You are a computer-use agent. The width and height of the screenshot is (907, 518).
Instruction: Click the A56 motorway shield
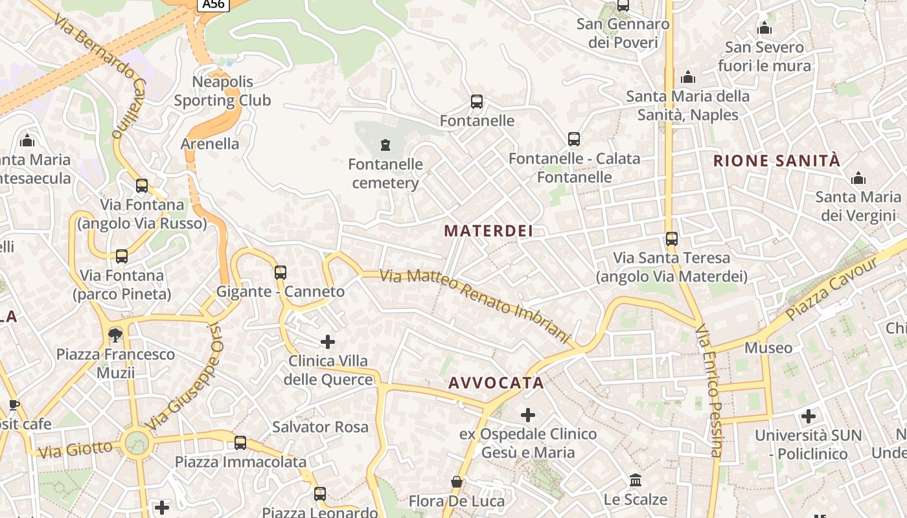coord(213,5)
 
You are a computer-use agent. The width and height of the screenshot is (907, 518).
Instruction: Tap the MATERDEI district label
coord(489,231)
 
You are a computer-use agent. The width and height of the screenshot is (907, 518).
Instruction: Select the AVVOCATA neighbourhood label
coord(496,383)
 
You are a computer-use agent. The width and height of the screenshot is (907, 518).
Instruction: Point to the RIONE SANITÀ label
coord(776,161)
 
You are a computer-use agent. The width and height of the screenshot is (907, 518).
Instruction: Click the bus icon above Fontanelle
coord(477,102)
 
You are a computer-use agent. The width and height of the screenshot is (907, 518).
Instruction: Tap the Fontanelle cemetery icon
coord(386,144)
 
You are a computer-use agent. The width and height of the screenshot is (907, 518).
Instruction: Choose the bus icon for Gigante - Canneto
coord(281,273)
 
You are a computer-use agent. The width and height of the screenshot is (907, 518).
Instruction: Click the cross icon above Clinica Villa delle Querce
coord(328,341)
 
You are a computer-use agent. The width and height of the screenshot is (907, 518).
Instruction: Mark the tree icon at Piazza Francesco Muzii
coord(115,335)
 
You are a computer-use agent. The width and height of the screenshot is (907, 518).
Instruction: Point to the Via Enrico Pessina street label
coord(708,390)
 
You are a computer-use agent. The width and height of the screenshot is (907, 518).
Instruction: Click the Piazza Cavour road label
coord(832,289)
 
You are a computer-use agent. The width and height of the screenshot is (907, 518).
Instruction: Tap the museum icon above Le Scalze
coord(636,480)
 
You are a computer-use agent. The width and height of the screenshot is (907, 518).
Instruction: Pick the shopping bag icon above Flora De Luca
coord(457,482)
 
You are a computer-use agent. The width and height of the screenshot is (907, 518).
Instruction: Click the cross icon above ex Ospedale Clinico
coord(528,414)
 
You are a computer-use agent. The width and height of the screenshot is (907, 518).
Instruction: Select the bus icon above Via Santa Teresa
coord(672,239)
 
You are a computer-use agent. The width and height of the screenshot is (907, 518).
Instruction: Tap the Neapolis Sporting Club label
coord(222,91)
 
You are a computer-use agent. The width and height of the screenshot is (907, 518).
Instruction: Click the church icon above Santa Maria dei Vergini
coord(858,178)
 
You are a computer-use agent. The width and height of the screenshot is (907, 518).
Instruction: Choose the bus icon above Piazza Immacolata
coord(240,443)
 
